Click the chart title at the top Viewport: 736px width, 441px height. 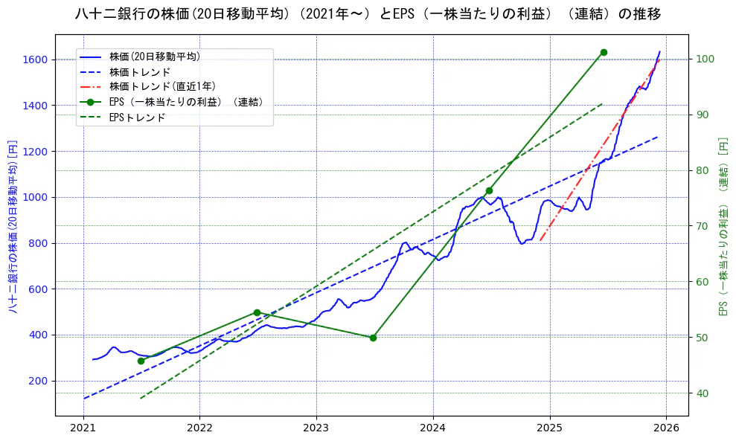368,14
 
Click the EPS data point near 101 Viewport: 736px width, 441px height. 604,52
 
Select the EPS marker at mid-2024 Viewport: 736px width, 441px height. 489,190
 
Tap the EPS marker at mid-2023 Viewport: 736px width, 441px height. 373,338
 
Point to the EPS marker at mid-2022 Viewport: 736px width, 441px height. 257,312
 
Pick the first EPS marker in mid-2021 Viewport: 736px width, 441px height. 141,361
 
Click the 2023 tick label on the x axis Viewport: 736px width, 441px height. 316,428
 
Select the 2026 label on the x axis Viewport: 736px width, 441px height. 666,428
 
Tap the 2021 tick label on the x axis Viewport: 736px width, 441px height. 83,428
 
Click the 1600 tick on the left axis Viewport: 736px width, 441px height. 35,59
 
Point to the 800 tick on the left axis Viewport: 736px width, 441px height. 38,243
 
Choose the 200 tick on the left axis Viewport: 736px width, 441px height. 38,381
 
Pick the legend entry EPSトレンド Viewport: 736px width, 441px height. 137,117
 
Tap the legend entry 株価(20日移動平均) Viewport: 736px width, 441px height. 154,57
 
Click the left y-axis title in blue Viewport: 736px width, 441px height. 13,225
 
